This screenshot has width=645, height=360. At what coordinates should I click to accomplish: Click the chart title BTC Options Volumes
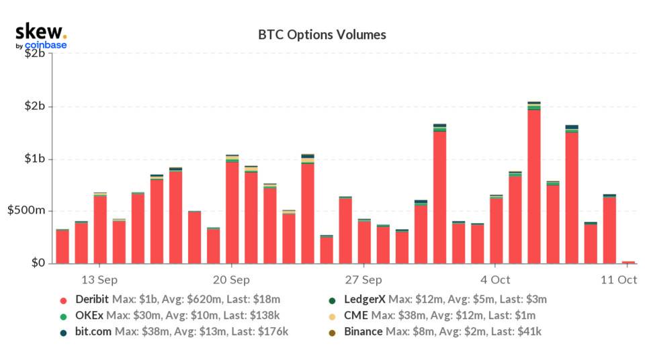point(322,34)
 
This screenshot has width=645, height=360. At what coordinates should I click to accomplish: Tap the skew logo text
point(40,31)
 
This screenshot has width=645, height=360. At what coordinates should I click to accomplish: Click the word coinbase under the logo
point(46,46)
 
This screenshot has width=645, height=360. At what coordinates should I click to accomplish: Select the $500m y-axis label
point(26,211)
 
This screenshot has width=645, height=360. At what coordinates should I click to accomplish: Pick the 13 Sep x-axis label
point(100,279)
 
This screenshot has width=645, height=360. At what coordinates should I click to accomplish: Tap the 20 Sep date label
point(232,279)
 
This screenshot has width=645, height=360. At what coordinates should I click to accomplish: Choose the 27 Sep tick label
point(363,279)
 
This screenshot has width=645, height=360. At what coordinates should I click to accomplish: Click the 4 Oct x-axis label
point(495,279)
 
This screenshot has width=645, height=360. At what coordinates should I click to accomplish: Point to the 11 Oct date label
point(619,279)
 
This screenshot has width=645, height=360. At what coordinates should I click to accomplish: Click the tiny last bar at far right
point(628,262)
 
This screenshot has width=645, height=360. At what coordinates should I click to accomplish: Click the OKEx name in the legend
point(89,315)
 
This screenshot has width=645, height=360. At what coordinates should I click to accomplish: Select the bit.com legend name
point(93,331)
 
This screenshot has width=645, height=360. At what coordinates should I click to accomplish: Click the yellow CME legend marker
point(331,316)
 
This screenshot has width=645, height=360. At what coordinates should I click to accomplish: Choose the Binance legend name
point(363,331)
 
